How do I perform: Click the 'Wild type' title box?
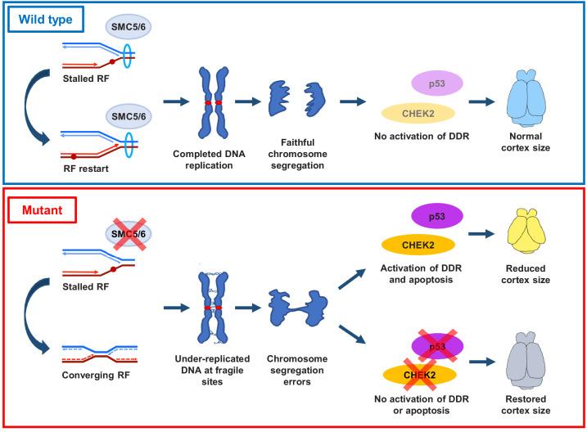(47, 18)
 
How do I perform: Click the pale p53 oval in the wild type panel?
(431, 83)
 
